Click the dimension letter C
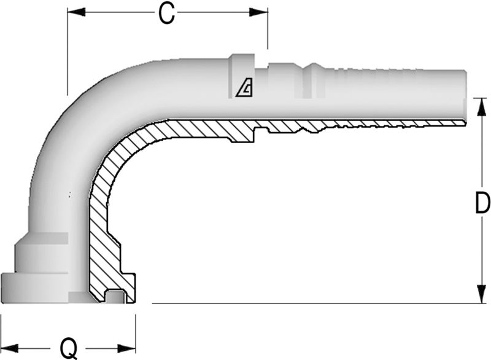point(166,14)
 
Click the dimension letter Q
point(68,348)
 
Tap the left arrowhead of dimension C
point(76,12)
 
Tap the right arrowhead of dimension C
point(258,12)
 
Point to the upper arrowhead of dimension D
point(481,107)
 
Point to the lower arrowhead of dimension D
point(481,294)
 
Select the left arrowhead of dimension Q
point(9,348)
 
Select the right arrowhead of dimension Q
point(126,348)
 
